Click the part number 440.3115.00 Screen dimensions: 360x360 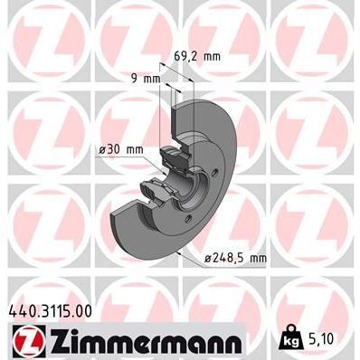(53, 309)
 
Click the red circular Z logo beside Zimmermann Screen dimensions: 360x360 (26, 341)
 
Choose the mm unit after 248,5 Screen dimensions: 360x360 (257, 259)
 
